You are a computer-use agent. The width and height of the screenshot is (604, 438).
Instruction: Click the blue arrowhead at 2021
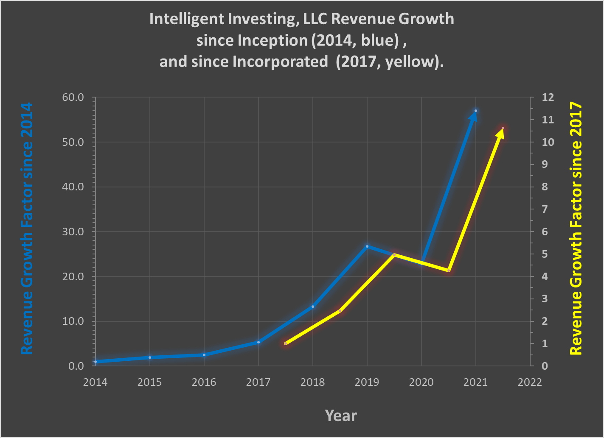474,115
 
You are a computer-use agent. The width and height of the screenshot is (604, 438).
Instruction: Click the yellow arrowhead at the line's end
501,133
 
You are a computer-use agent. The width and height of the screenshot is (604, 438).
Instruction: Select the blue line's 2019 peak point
367,246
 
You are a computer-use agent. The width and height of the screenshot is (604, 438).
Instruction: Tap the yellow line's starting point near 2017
286,343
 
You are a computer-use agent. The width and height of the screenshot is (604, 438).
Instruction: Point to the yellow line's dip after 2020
449,271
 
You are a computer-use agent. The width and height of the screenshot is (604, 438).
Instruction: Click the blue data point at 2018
313,306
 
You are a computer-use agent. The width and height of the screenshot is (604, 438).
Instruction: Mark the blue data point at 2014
96,362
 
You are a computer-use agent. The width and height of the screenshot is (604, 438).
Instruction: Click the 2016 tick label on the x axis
204,382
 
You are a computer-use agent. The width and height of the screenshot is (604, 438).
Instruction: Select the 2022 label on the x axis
530,382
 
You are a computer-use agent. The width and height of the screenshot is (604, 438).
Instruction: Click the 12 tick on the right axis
548,98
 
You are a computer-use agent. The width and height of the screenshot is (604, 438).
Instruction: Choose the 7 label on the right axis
545,209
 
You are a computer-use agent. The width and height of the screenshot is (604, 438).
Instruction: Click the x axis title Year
341,416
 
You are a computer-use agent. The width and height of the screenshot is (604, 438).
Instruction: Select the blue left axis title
26,229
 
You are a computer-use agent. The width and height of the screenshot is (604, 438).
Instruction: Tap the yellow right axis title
576,229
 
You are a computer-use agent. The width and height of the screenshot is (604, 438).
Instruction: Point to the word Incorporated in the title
280,62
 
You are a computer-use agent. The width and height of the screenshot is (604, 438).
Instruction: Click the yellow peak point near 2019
394,255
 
